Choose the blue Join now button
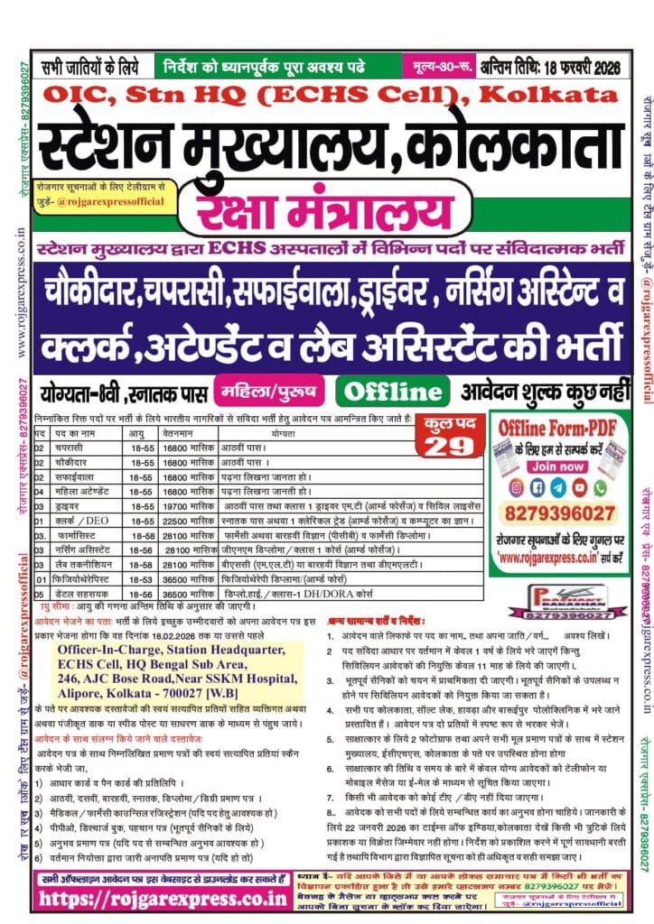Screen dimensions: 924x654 coord(556,467)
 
